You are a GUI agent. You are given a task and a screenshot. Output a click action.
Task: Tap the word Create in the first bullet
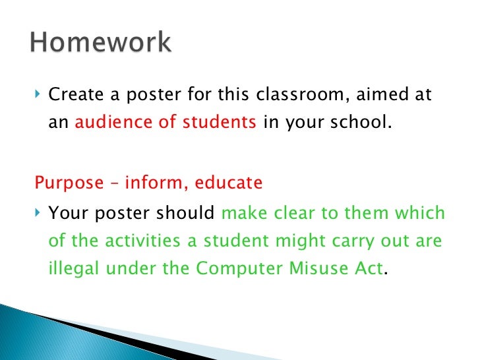(x=73, y=95)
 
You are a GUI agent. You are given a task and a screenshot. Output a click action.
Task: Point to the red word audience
(x=105, y=123)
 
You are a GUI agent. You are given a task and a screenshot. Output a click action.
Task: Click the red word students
(x=225, y=123)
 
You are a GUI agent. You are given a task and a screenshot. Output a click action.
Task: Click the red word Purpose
(x=65, y=183)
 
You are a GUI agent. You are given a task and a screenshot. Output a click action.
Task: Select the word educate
(x=229, y=183)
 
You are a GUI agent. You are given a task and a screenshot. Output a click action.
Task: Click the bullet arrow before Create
(x=38, y=95)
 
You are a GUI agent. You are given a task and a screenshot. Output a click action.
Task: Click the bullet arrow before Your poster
(x=38, y=214)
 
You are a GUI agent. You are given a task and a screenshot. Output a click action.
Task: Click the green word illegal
(x=73, y=270)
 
